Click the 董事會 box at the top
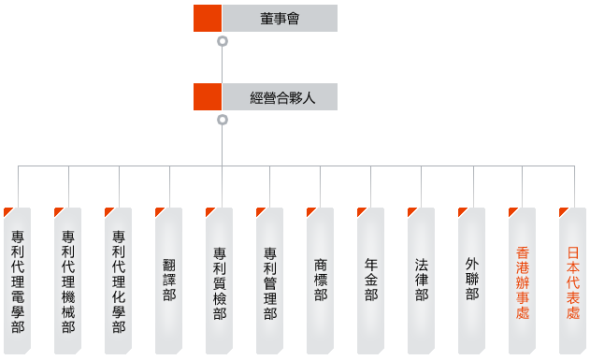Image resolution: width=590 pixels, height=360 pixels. (x=279, y=18)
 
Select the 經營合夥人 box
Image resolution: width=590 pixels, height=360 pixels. (x=279, y=97)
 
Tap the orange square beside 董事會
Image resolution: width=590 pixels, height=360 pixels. (x=208, y=18)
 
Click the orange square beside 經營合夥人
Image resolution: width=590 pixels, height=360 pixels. (x=208, y=97)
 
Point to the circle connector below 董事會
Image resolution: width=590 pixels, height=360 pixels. (x=222, y=41)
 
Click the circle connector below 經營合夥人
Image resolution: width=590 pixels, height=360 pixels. (x=222, y=120)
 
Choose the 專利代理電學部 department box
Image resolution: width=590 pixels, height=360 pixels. (x=18, y=281)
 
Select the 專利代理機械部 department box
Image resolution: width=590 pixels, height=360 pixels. (x=68, y=281)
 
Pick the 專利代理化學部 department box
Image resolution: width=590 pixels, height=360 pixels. (x=119, y=281)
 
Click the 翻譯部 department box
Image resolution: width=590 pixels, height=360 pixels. (x=169, y=281)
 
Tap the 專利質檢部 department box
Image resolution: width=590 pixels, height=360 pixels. (x=220, y=281)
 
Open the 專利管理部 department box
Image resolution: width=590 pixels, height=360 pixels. (x=270, y=281)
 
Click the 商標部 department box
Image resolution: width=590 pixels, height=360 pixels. (x=321, y=281)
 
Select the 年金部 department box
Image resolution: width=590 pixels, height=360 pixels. (x=371, y=281)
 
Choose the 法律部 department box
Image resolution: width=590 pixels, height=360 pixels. (x=422, y=281)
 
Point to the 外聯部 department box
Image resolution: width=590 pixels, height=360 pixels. (x=472, y=281)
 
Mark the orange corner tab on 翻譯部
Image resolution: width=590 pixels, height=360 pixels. (x=159, y=211)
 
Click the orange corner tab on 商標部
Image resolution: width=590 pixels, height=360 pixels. (x=310, y=211)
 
